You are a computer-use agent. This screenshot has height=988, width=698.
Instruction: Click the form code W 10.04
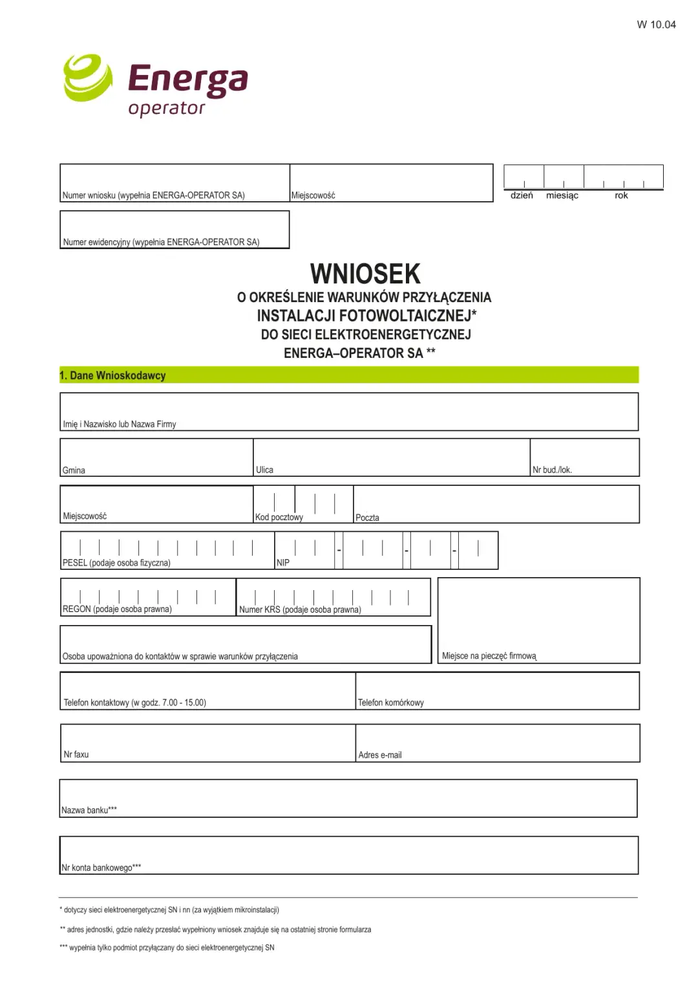(x=656, y=25)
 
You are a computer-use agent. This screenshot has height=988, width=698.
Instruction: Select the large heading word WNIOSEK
(x=365, y=274)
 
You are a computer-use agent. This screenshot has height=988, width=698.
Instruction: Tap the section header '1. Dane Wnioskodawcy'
(x=112, y=375)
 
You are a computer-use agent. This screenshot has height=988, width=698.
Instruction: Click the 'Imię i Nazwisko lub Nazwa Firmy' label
(x=120, y=424)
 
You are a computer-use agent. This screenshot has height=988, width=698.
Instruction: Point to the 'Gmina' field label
(x=74, y=470)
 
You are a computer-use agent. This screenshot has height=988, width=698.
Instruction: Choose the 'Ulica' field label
(x=264, y=470)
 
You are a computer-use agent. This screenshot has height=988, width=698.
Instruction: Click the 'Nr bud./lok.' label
(x=552, y=470)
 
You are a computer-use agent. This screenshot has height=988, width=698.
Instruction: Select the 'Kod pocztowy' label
(x=279, y=517)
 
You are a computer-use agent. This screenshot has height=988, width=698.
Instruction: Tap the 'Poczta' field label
(x=367, y=518)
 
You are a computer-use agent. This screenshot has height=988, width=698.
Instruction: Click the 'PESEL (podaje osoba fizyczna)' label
(x=116, y=563)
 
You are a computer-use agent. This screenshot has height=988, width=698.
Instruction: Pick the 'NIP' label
(x=283, y=563)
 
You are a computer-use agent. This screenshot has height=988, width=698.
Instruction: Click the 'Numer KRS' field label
(x=300, y=609)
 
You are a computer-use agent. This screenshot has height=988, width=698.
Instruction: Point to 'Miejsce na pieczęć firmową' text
(x=489, y=656)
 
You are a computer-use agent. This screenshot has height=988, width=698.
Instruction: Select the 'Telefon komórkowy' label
(x=391, y=703)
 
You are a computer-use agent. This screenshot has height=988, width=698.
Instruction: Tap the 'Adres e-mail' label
(x=380, y=755)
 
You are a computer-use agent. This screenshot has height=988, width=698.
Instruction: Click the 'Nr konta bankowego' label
(x=101, y=868)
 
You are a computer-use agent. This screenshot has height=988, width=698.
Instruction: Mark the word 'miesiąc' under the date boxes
(x=562, y=195)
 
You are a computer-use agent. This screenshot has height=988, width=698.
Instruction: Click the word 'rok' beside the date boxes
(x=621, y=195)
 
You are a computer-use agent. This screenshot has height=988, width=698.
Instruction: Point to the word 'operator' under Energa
(x=167, y=108)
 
